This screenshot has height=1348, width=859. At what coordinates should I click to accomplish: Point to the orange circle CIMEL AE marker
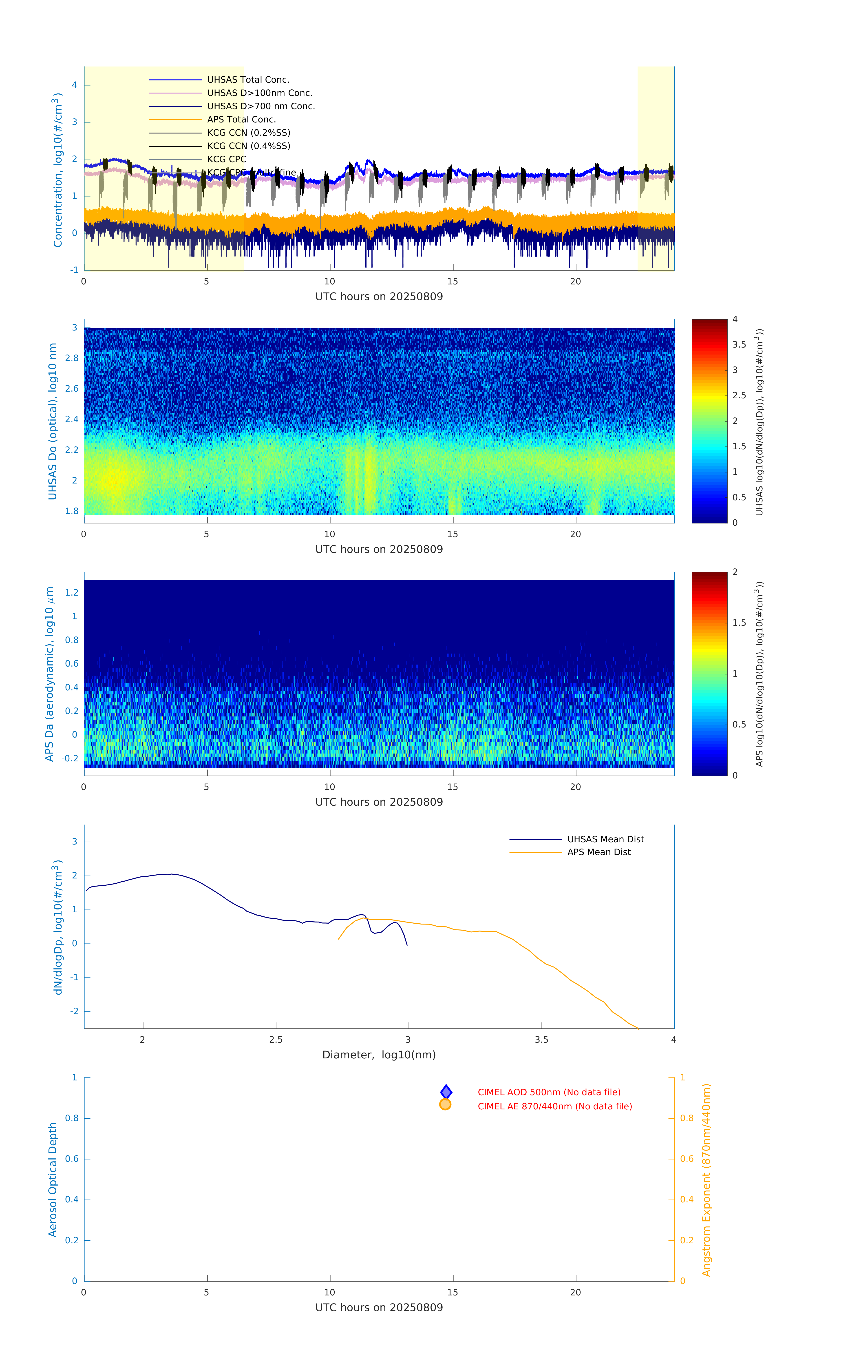446,1104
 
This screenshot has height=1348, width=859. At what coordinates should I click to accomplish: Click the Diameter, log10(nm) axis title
379,1055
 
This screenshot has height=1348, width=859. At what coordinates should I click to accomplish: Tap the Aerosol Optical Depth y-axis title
53,1179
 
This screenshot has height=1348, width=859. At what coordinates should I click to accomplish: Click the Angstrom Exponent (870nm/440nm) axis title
706,1179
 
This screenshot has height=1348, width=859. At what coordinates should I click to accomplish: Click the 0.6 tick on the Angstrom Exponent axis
687,1159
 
